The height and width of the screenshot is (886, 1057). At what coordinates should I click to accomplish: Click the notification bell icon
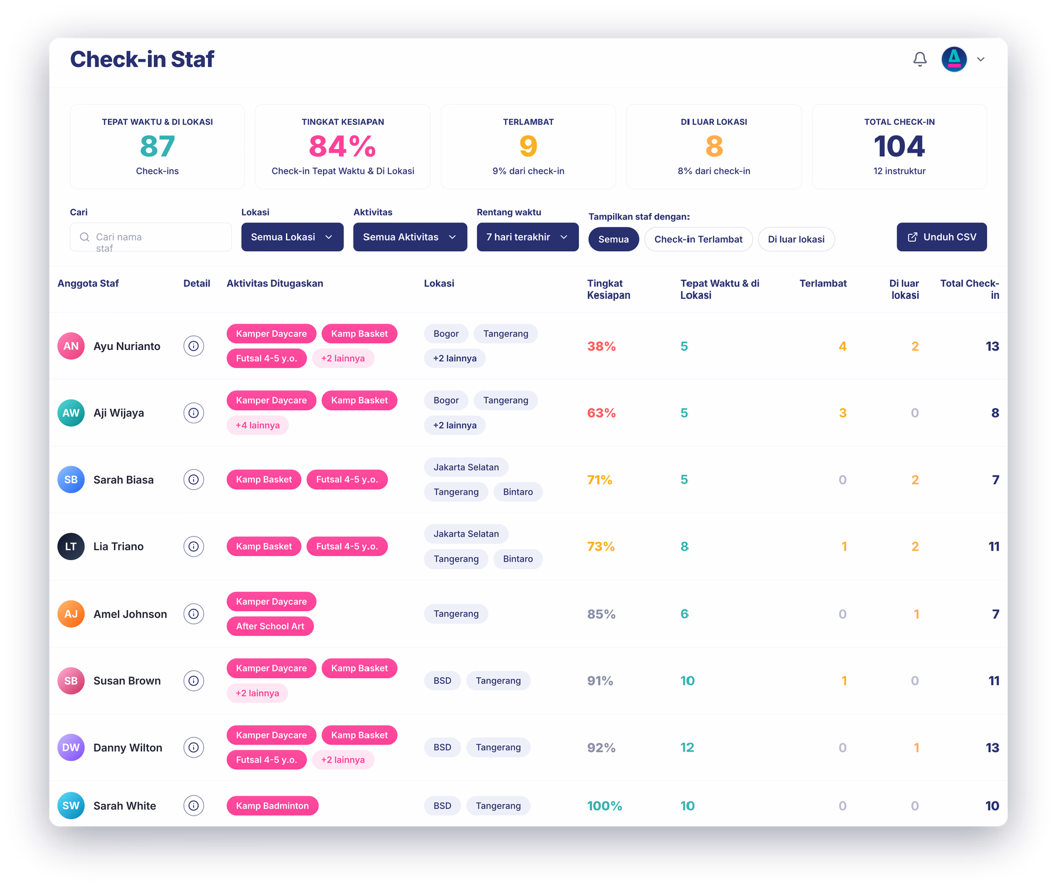pyautogui.click(x=920, y=59)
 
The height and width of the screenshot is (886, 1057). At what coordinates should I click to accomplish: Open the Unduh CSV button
pyautogui.click(x=941, y=237)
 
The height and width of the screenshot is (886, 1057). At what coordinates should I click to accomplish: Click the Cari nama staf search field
pyautogui.click(x=151, y=237)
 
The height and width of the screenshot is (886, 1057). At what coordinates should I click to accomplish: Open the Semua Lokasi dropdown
pyautogui.click(x=292, y=237)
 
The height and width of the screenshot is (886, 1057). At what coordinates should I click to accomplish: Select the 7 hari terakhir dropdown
pyautogui.click(x=527, y=237)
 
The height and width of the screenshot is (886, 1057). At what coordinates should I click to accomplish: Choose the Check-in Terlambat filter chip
pyautogui.click(x=698, y=240)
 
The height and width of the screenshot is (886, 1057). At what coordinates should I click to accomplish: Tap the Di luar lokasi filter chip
pyautogui.click(x=796, y=240)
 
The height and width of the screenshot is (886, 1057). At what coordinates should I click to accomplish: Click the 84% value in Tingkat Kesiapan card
pyautogui.click(x=342, y=146)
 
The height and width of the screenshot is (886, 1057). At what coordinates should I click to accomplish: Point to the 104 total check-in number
pyautogui.click(x=899, y=146)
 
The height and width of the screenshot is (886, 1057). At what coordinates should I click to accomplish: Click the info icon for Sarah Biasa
pyautogui.click(x=194, y=480)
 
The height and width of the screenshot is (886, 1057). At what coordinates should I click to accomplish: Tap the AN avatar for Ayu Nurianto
pyautogui.click(x=71, y=346)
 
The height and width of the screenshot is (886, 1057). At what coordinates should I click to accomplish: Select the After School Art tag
pyautogui.click(x=270, y=626)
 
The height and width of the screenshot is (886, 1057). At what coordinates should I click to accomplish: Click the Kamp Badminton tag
pyautogui.click(x=272, y=806)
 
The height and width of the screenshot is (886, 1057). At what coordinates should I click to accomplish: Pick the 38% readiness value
pyautogui.click(x=601, y=346)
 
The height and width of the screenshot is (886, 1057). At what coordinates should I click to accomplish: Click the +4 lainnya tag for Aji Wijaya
pyautogui.click(x=258, y=425)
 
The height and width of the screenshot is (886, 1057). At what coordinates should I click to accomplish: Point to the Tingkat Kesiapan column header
pyautogui.click(x=608, y=289)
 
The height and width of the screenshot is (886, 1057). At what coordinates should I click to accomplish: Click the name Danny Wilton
pyautogui.click(x=128, y=748)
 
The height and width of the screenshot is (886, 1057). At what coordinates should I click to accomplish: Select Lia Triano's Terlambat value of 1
pyautogui.click(x=844, y=547)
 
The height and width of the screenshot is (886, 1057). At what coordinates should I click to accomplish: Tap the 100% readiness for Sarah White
pyautogui.click(x=604, y=806)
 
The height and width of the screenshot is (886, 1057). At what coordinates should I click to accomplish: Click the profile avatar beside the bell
pyautogui.click(x=954, y=59)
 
